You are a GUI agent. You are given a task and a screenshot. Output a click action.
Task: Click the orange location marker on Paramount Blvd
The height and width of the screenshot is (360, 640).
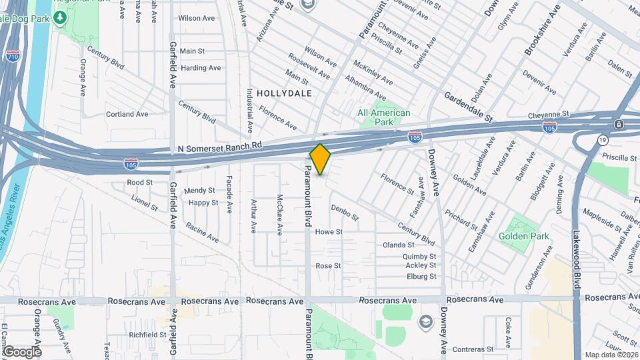pos(320,159)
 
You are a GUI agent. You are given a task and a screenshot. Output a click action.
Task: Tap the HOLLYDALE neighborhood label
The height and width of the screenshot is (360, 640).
pos(284,93)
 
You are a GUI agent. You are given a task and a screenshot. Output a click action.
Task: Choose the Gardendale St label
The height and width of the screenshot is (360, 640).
pos(468,107)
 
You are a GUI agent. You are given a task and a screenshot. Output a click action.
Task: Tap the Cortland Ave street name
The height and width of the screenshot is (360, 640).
pos(127,114)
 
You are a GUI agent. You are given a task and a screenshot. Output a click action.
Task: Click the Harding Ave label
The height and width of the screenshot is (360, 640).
pos(201,68)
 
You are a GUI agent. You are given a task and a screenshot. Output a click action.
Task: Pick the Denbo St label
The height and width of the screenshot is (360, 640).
pos(345,212)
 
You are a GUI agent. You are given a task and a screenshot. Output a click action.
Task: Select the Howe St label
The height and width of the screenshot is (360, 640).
pos(329,232)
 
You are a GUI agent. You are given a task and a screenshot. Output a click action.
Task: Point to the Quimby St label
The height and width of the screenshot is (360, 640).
pos(419,256)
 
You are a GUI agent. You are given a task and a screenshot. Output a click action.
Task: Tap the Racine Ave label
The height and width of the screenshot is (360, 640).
pos(203,233)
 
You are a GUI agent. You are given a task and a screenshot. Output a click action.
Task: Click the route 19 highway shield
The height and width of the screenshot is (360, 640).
pos(602,140)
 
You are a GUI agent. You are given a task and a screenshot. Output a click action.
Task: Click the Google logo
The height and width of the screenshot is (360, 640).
pos(21,351)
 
